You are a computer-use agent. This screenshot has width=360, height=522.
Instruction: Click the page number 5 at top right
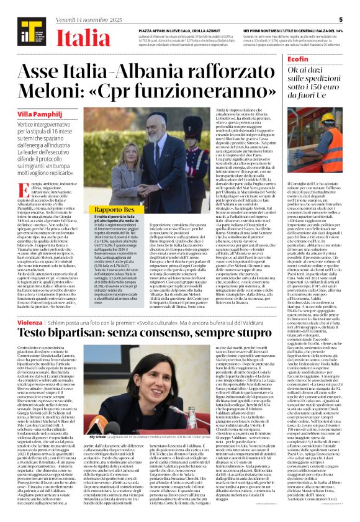tap(341, 19)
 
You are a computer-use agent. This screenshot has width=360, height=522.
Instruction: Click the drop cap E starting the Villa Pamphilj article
tap(22, 187)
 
